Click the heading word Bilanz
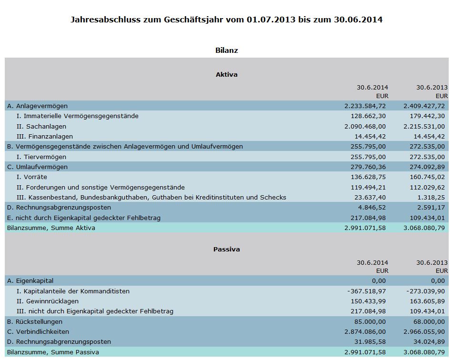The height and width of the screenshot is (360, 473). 226,50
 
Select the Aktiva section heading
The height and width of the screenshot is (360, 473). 226,74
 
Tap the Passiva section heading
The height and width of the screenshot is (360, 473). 226,249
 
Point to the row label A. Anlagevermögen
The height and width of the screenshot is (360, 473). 37,106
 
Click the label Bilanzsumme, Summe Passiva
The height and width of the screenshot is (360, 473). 53,352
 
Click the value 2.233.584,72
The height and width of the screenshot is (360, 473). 365,106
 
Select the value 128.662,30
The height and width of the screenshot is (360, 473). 368,116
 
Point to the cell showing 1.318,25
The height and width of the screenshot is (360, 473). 432,197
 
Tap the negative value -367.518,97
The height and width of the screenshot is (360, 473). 367,291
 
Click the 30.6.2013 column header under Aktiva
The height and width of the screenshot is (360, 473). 432,87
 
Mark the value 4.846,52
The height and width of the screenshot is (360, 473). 372,207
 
